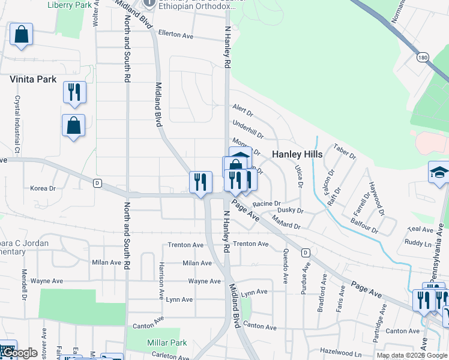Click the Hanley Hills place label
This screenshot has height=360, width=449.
click(x=297, y=154)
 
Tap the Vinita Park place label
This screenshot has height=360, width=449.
click(x=33, y=79)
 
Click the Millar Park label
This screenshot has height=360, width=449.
click(x=167, y=343)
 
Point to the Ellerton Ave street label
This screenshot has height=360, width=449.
click(x=176, y=35)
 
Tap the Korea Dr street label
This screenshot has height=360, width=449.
click(x=43, y=188)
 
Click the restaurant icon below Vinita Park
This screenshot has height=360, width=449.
click(x=74, y=92)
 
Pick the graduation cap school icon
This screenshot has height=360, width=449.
click(x=439, y=172)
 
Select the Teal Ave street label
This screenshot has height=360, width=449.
click(x=420, y=229)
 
